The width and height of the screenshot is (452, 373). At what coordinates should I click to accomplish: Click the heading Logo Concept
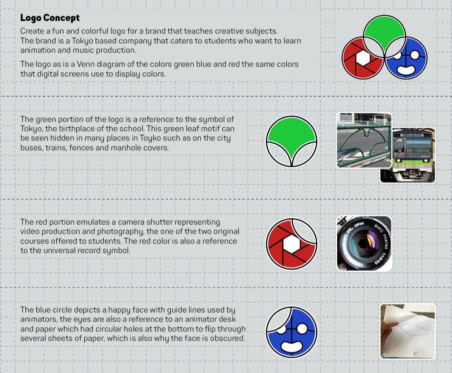click(50, 18)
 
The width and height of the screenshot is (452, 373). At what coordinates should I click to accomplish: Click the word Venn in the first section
click(86, 64)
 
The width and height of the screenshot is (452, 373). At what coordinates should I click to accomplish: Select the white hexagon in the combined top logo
click(363, 58)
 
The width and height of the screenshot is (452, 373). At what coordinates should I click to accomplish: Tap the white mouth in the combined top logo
click(405, 70)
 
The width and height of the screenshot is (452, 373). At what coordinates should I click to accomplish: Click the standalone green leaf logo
click(291, 141)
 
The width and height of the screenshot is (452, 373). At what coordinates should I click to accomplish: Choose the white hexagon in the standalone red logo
click(292, 244)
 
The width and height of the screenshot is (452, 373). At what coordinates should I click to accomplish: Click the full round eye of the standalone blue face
click(302, 328)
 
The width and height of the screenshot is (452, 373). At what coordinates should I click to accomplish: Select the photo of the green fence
click(364, 140)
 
